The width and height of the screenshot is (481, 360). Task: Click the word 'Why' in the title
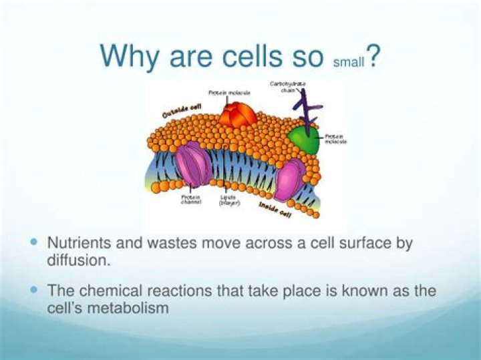(x=130, y=56)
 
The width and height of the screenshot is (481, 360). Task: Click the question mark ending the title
(x=375, y=56)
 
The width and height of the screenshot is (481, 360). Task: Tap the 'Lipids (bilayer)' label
(x=229, y=200)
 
